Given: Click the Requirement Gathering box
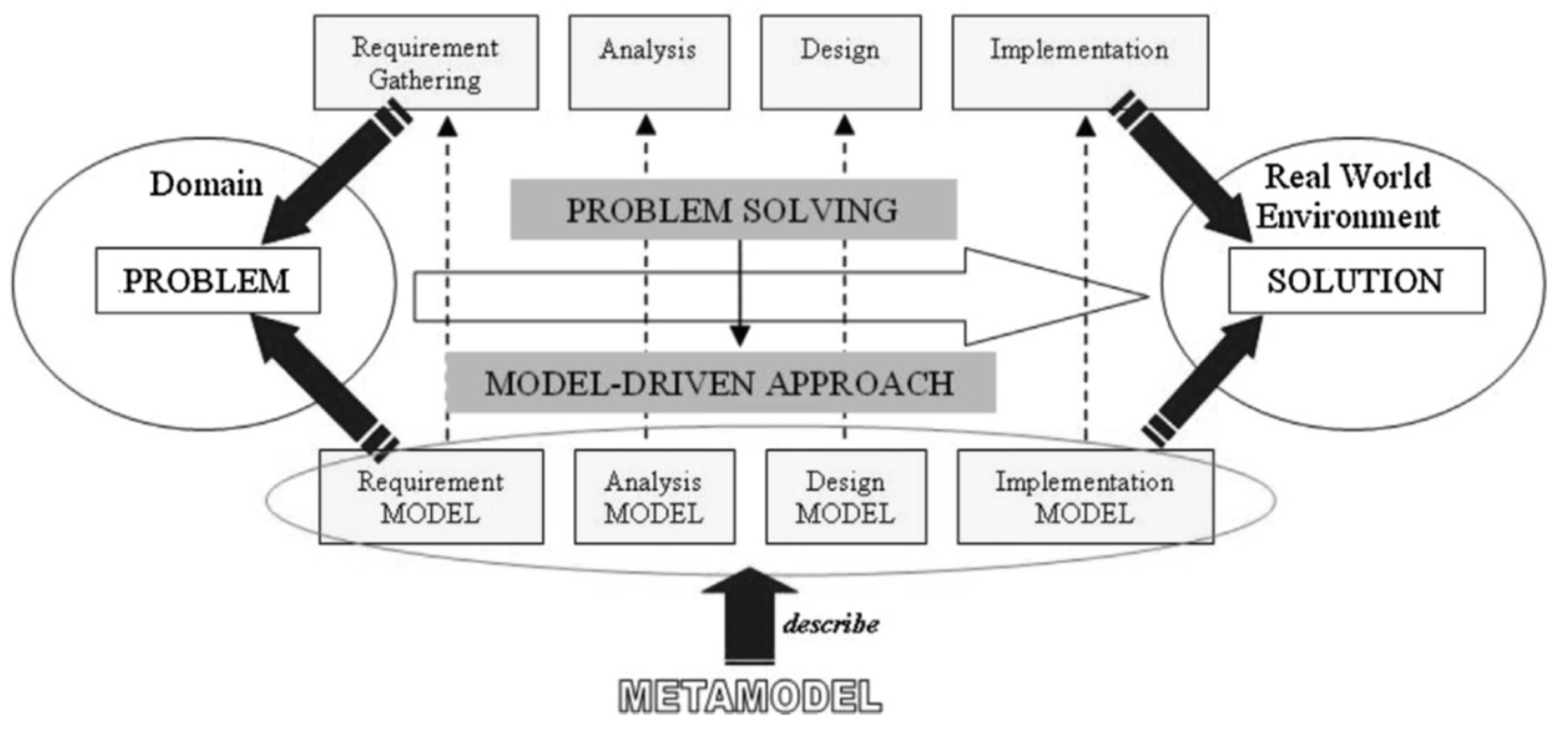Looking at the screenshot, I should click(x=426, y=63).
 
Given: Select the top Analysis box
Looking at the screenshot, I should click(x=649, y=63).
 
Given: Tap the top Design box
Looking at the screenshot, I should click(x=841, y=63).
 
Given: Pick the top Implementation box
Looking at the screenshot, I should click(x=1080, y=63).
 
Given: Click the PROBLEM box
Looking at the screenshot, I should click(x=208, y=281).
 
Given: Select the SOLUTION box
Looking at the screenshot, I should click(x=1356, y=281).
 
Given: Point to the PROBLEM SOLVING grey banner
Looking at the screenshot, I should click(x=733, y=210).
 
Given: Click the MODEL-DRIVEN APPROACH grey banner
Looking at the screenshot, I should click(x=720, y=383).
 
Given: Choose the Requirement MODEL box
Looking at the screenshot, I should click(x=431, y=497).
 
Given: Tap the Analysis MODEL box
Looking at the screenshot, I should click(x=655, y=497).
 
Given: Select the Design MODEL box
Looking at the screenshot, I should click(x=846, y=497).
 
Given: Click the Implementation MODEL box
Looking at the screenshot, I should click(x=1085, y=497).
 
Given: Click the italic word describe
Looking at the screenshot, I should click(x=831, y=624).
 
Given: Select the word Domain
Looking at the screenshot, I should click(x=206, y=184).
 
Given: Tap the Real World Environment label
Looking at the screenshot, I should click(x=1348, y=197).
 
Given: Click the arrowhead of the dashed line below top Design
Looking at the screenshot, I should click(x=844, y=126).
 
